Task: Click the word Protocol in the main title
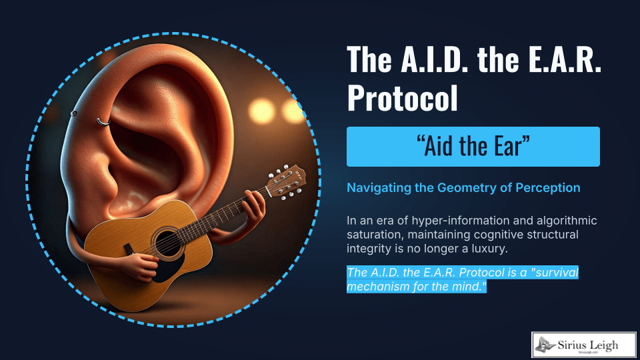tap(403, 98)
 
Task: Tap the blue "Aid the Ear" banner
tap(473, 147)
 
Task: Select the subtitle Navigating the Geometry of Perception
tap(463, 188)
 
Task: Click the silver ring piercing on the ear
tap(102, 121)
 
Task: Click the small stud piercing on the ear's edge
tap(74, 113)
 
